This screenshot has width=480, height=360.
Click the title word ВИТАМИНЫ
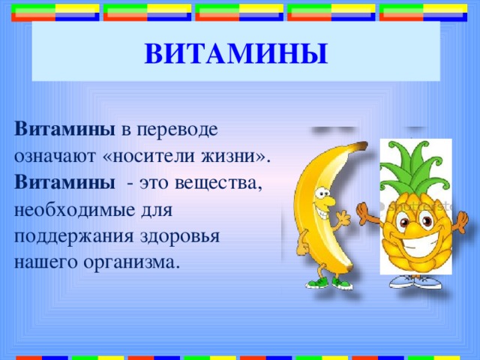(x=236, y=54)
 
